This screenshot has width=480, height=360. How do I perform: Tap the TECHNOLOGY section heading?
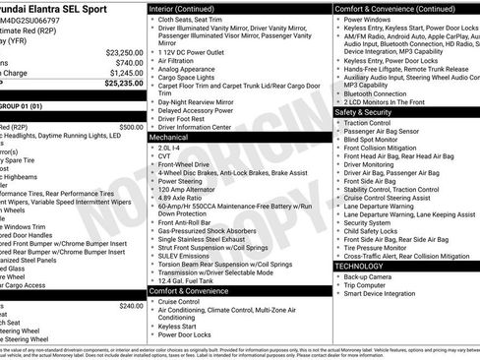tap(360, 266)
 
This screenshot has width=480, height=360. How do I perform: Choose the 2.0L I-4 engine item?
tap(170, 147)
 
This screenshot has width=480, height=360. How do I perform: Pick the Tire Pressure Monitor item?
tap(378, 246)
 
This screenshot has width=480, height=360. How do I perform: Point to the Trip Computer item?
tap(367, 285)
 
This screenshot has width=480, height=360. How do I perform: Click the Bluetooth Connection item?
tap(380, 93)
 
